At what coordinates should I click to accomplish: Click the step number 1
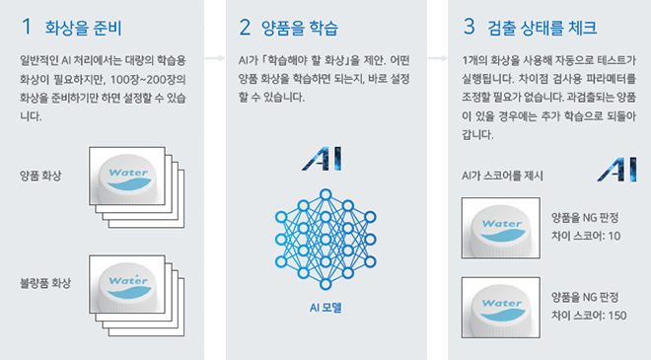coord(27,27)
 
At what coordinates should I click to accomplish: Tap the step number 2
coord(245,27)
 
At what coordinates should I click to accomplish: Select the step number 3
coord(469,27)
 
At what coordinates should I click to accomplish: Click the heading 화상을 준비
coord(83,28)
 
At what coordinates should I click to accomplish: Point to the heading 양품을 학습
coord(300,28)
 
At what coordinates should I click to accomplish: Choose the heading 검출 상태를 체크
coord(542,28)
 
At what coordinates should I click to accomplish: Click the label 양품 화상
coord(40,176)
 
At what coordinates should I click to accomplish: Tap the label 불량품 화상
coord(45,284)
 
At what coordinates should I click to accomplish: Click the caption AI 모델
coord(325,308)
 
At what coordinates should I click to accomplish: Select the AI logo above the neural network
coord(323,159)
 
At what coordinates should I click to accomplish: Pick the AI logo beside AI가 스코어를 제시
coord(616,170)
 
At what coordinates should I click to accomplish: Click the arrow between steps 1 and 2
coord(215,58)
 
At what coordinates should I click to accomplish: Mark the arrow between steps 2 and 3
coord(438,58)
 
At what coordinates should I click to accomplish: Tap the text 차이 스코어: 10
coord(586,236)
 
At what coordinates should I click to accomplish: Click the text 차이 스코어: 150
coord(589,316)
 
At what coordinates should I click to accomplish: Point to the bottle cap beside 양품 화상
coord(127,177)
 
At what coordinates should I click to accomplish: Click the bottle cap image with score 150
coord(501,308)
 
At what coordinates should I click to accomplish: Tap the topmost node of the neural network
coord(325,194)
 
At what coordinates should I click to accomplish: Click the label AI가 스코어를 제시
coord(502,177)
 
